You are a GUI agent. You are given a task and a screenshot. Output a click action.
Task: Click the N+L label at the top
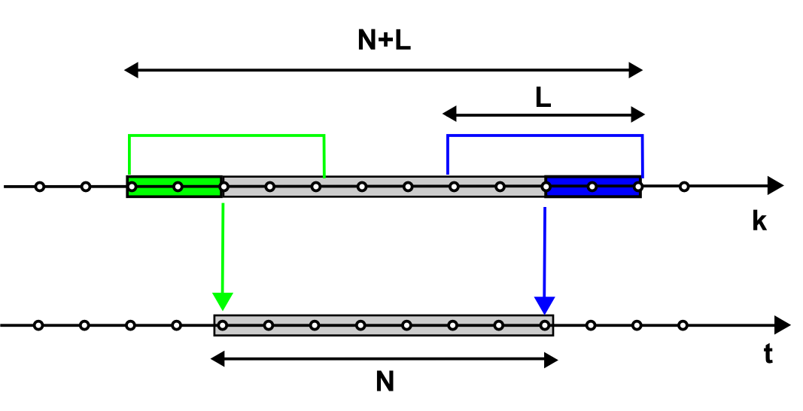[x=384, y=40]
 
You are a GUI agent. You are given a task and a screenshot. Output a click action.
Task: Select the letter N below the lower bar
[x=385, y=382]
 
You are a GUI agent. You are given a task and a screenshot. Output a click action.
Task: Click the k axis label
[x=759, y=222]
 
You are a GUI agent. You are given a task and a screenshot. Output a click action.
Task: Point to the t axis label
[x=768, y=355]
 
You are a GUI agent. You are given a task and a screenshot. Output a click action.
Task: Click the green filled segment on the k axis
[x=175, y=186]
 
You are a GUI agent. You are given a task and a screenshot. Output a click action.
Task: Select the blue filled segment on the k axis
[x=593, y=186]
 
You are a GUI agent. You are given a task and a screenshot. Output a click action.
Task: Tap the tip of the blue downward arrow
[x=544, y=311]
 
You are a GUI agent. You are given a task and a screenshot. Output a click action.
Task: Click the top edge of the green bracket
[x=227, y=135]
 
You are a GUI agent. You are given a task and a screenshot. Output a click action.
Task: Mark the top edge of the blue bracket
[x=545, y=135]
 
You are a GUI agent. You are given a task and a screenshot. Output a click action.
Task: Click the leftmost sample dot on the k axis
[x=40, y=187]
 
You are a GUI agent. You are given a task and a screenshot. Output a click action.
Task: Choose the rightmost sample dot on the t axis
[x=683, y=326]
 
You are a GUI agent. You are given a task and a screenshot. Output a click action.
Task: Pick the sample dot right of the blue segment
[x=684, y=187]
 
